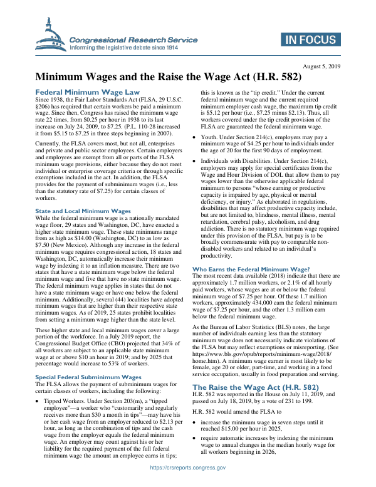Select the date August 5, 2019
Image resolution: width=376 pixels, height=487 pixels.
click(x=321, y=66)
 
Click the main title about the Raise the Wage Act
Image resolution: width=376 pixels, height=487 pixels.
click(x=168, y=78)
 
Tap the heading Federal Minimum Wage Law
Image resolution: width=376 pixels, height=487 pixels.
click(x=86, y=92)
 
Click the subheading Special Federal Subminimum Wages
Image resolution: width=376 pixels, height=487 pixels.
click(x=88, y=377)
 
